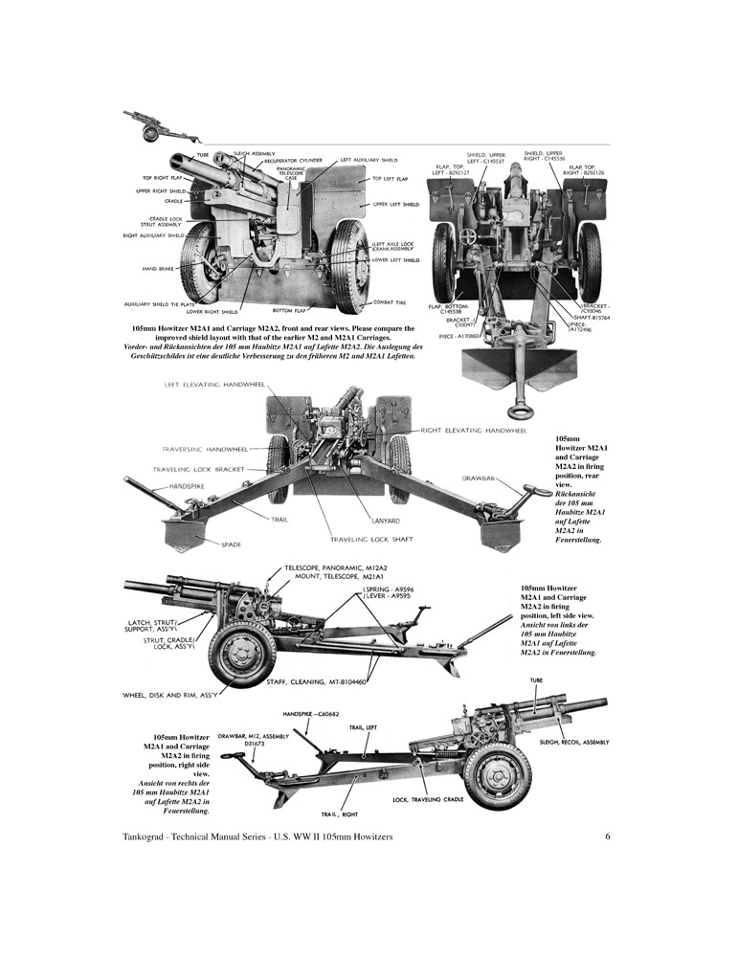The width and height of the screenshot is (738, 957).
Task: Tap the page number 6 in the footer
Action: coord(608,837)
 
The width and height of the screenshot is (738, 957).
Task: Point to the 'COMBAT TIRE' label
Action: coord(391,301)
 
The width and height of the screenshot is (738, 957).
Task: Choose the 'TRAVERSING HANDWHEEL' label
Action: coord(204,449)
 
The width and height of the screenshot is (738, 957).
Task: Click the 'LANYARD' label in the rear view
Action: coord(385,521)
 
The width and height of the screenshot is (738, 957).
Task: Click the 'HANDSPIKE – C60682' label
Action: coord(310,714)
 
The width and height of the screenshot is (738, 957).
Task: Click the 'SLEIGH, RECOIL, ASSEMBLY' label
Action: coord(574,742)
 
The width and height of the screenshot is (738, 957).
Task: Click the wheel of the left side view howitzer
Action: coord(242,654)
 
